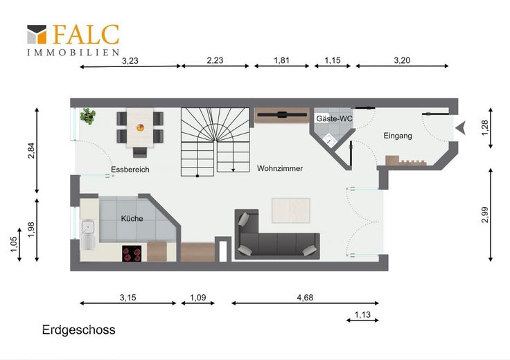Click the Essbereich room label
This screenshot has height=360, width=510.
(x=130, y=170)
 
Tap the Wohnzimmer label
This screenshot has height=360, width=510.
(x=280, y=168)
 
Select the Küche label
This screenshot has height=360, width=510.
(x=132, y=218)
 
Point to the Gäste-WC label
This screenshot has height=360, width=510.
(x=335, y=118)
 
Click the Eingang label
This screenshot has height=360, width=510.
(x=398, y=136)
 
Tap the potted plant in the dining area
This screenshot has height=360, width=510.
(x=88, y=116)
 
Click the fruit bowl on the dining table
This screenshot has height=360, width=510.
(x=140, y=127)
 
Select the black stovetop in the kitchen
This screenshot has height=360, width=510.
(x=132, y=254)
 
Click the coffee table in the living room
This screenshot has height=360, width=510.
(x=291, y=210)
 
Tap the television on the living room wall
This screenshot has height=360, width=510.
(x=282, y=114)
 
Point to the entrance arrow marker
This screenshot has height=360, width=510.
(x=461, y=128)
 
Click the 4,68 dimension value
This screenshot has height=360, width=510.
(x=305, y=297)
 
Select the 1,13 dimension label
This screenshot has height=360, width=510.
(x=362, y=314)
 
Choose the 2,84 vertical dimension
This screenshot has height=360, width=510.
(x=31, y=151)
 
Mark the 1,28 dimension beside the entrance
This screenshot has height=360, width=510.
(x=484, y=128)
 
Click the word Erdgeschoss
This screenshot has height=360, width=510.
(x=79, y=330)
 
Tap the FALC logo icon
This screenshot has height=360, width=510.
(x=37, y=34)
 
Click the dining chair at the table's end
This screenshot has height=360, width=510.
(x=140, y=152)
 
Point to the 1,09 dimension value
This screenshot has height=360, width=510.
(x=198, y=297)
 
